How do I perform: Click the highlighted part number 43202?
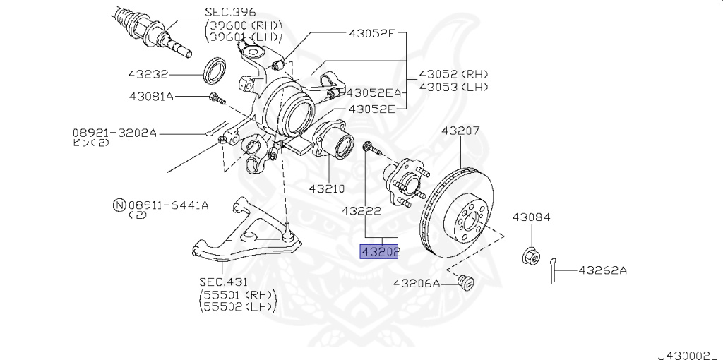pyautogui.click(x=380, y=251)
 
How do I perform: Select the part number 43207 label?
pyautogui.click(x=460, y=131)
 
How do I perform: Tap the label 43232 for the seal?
pyautogui.click(x=149, y=73)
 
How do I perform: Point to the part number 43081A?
pyautogui.click(x=151, y=96)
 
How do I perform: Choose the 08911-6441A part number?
pyautogui.click(x=168, y=205)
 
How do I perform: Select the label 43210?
pyautogui.click(x=326, y=189)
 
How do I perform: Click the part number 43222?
pyautogui.click(x=361, y=210)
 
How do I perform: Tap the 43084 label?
pyautogui.click(x=531, y=217)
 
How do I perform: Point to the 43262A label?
pyautogui.click(x=603, y=270)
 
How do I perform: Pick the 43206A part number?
pyautogui.click(x=417, y=283)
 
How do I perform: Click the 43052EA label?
pyautogui.click(x=374, y=92)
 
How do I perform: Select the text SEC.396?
pyautogui.click(x=230, y=12)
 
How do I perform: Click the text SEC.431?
pyautogui.click(x=224, y=282)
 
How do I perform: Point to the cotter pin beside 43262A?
pyautogui.click(x=556, y=268)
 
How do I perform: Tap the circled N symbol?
pyautogui.click(x=119, y=205)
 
